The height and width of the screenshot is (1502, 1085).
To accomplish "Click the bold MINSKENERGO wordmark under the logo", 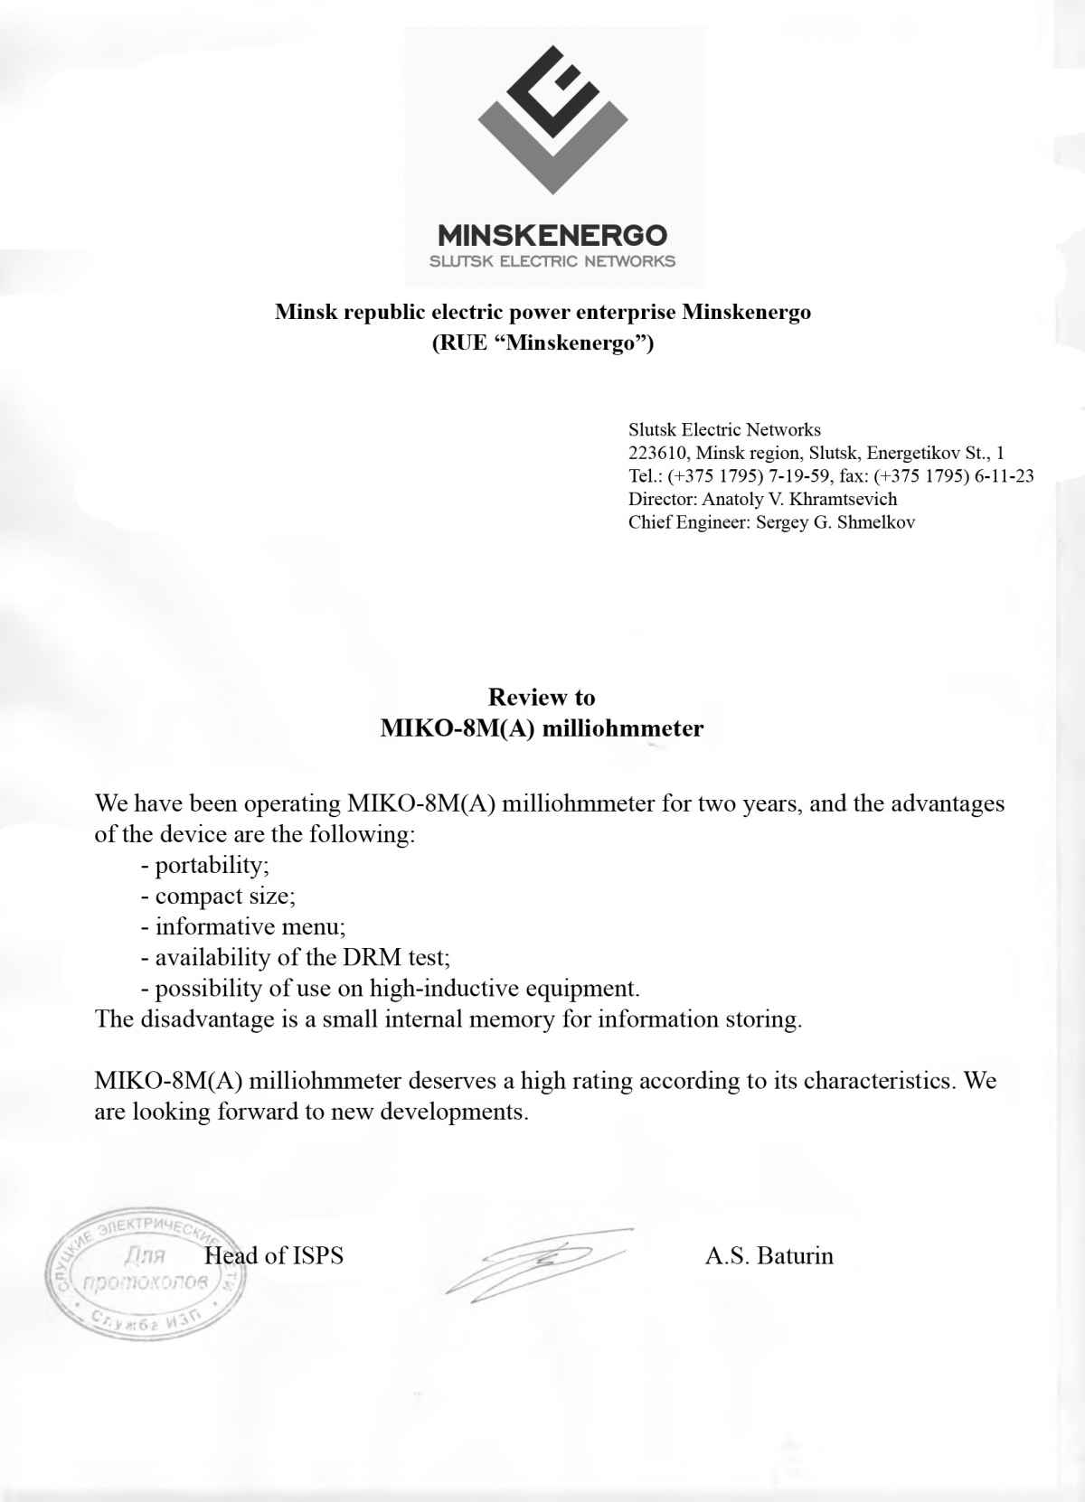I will [552, 236].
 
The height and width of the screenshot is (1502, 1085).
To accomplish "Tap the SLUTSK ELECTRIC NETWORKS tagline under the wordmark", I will [552, 262].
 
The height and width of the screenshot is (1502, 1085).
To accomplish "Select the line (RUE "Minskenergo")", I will [542, 343].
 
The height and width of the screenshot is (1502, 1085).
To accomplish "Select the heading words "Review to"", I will [542, 697].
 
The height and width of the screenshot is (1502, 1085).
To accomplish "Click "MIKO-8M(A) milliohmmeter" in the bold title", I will [542, 728].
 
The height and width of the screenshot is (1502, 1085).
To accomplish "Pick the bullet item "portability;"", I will [212, 865].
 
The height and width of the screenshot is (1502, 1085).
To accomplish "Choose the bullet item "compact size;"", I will [224, 896].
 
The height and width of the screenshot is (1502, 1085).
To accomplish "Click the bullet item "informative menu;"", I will [250, 926].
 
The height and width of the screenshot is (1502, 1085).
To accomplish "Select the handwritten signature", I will [538, 1262].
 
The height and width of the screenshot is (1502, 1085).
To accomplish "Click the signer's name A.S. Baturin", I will [769, 1255].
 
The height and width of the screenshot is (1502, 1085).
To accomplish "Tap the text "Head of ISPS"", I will [274, 1255].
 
